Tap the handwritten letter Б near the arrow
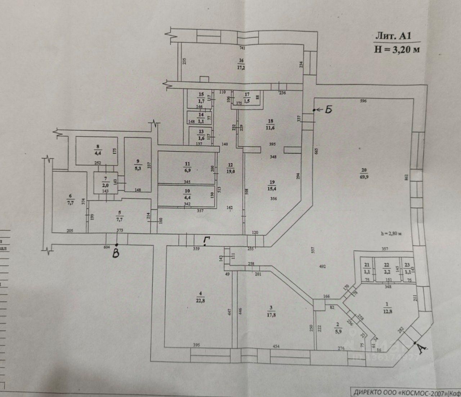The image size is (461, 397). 328,110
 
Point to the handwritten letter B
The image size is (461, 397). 116,253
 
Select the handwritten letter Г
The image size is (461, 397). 206,240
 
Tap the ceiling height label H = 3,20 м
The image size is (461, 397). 397,49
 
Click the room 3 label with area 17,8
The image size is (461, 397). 271,311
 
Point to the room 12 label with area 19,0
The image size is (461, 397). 230,169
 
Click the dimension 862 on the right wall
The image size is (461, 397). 406,177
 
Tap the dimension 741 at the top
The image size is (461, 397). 242,48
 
